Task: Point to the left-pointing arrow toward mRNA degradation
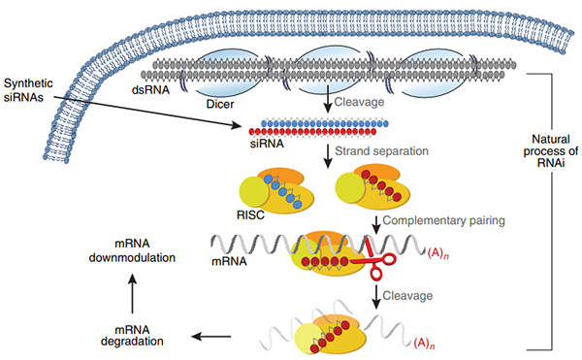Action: click(209, 336)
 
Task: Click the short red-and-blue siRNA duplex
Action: click(320, 128)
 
